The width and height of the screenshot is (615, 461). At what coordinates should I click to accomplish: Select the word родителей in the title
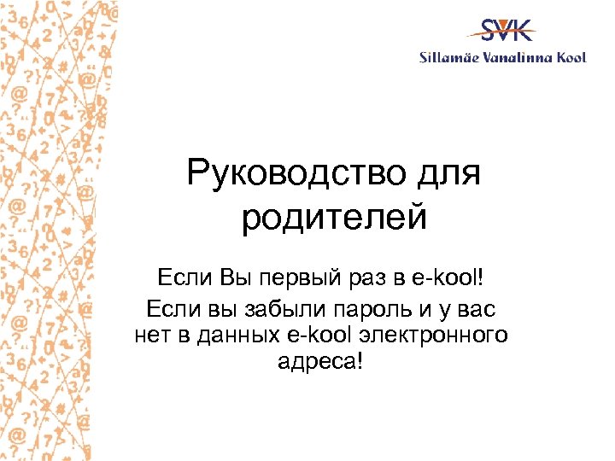click(334, 218)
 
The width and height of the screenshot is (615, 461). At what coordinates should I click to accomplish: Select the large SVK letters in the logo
click(507, 31)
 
